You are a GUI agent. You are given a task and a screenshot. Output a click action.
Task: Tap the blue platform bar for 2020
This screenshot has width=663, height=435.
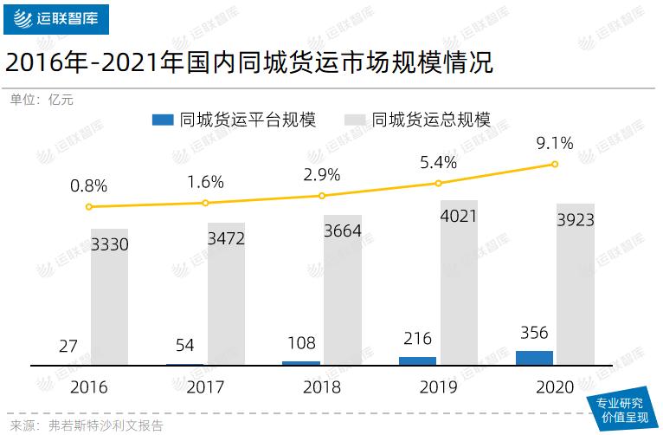(x=534, y=358)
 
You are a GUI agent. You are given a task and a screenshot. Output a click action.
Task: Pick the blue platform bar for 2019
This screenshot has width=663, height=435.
(x=417, y=360)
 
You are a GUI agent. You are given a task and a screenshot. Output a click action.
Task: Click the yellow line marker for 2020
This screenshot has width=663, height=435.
(x=555, y=165)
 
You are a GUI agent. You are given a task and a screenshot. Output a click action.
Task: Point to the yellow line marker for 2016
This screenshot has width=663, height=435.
(x=89, y=207)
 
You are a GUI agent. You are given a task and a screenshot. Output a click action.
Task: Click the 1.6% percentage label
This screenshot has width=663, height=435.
(x=205, y=182)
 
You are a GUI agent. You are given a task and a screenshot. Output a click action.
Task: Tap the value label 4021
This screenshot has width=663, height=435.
(x=459, y=216)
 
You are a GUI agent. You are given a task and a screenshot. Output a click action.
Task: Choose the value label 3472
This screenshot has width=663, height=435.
(x=227, y=238)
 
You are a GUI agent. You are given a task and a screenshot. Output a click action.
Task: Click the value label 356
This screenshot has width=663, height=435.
(x=534, y=333)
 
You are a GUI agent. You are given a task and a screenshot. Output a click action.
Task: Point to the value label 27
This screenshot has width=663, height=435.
(x=68, y=347)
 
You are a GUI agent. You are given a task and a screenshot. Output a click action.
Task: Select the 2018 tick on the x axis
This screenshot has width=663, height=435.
(x=322, y=387)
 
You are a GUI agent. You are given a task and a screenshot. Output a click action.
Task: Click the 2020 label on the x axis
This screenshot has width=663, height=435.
(x=555, y=387)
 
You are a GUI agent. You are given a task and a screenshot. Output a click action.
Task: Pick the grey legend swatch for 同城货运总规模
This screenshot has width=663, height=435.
(x=355, y=120)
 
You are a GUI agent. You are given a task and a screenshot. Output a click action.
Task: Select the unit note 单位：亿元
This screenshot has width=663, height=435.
(x=42, y=100)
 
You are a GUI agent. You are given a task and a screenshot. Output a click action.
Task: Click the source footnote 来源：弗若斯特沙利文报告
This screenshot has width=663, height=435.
(x=87, y=425)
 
